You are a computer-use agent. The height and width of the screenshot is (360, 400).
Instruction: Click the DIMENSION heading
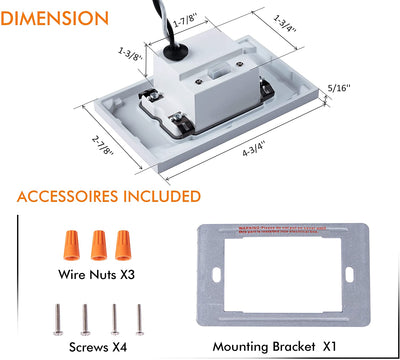pos(57,18)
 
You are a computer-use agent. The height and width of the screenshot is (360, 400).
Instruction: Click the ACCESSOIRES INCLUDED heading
pos(108,196)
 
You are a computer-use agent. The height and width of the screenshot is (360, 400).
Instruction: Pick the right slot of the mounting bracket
pos(349,275)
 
